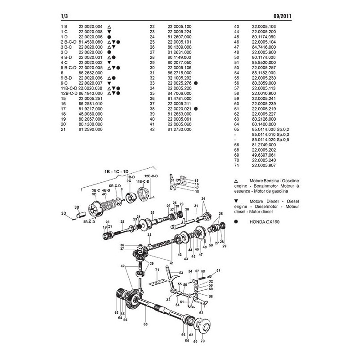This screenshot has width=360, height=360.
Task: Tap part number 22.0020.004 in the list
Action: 90,27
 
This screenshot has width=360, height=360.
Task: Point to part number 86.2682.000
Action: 90,72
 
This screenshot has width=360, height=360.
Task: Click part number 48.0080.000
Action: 90,115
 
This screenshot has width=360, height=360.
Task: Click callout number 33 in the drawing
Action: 63,213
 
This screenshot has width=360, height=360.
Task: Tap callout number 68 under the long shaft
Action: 145,323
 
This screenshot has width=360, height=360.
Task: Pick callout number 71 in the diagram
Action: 157,270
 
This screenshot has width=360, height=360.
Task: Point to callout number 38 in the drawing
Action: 76,207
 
